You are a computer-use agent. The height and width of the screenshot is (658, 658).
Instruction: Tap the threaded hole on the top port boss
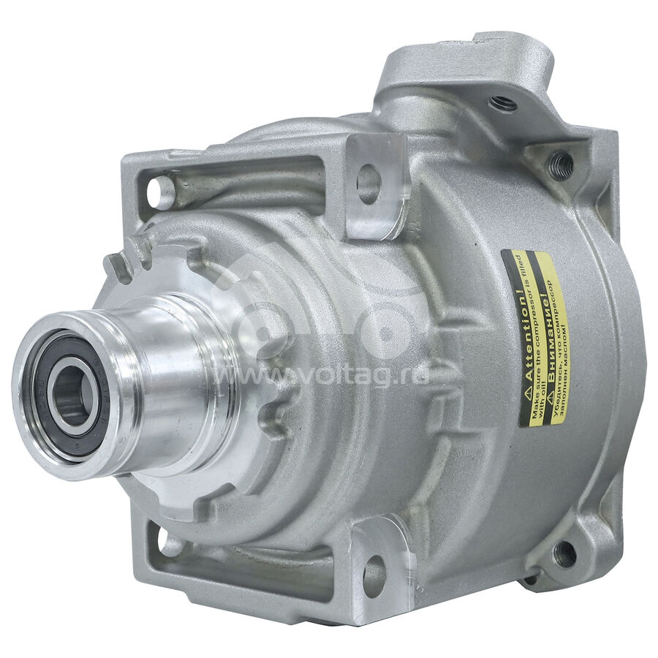click(x=503, y=103)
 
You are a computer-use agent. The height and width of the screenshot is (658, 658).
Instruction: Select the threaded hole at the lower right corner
click(x=565, y=554)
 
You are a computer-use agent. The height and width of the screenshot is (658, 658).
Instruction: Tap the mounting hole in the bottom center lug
click(x=374, y=574)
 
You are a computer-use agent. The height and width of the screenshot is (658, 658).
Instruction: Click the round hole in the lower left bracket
click(x=170, y=542)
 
